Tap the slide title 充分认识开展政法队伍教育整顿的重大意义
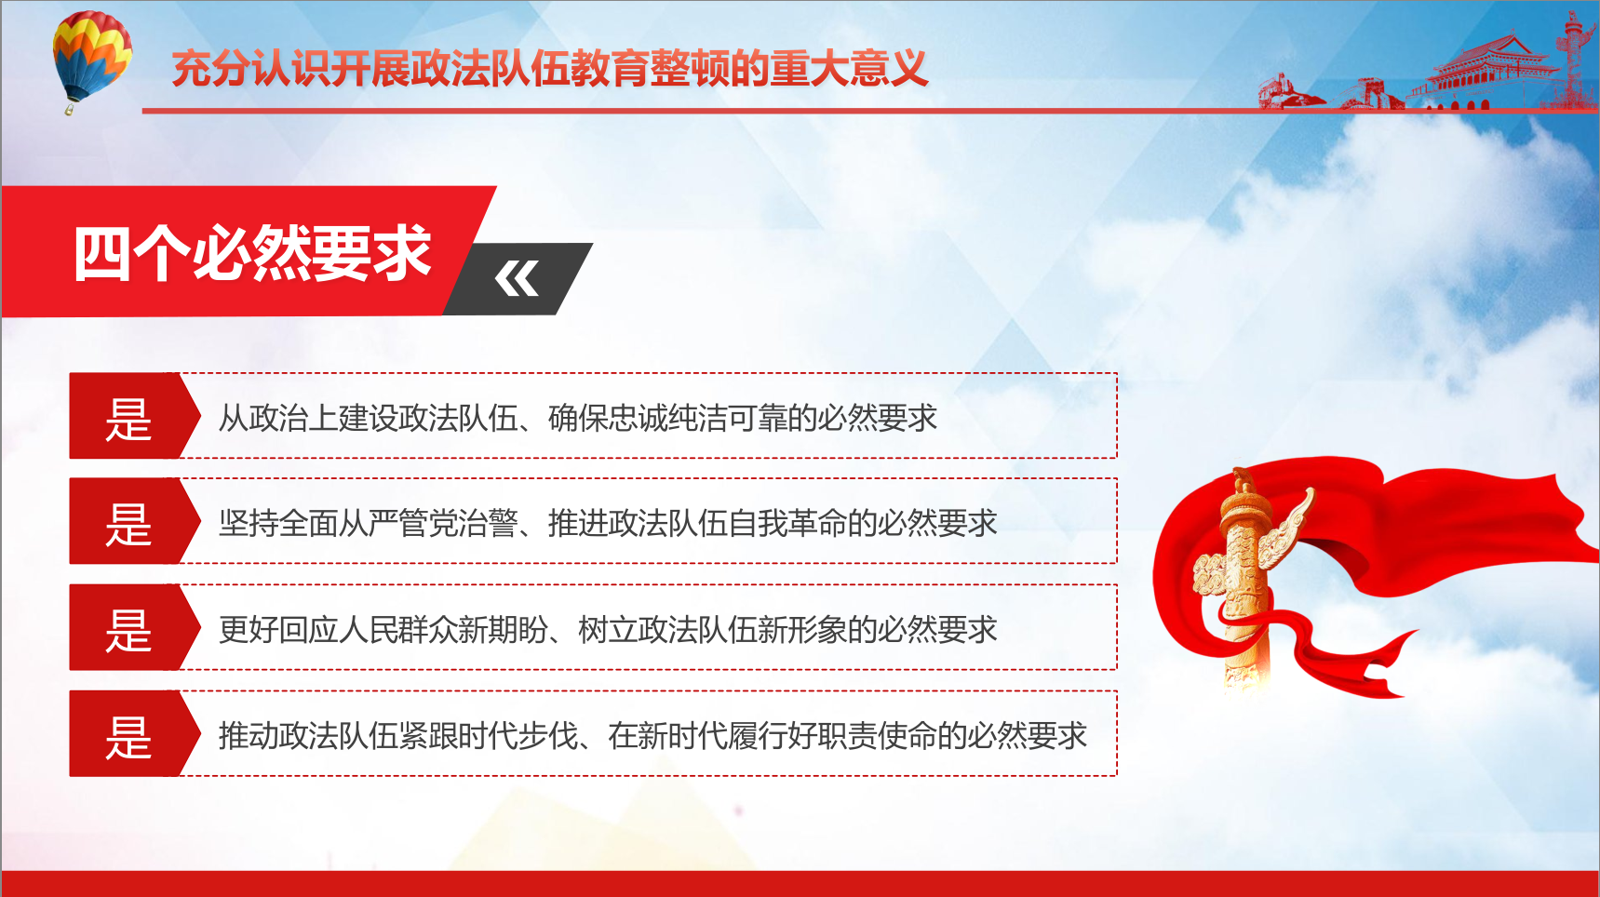tap(550, 69)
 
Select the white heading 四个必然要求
tap(252, 253)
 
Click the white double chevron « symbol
tap(517, 278)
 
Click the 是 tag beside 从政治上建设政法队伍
tap(129, 419)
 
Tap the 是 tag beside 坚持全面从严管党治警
tap(129, 524)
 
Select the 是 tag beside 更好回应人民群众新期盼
tap(129, 630)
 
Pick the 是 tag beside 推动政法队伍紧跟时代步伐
tap(129, 736)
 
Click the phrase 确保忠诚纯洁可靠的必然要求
tap(743, 419)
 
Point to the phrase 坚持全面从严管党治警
tap(369, 524)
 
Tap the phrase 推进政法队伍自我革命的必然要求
tap(773, 524)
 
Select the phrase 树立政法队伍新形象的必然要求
tap(787, 630)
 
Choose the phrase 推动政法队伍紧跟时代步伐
tap(398, 736)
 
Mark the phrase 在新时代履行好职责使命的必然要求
tap(847, 736)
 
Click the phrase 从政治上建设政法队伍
tap(369, 419)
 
